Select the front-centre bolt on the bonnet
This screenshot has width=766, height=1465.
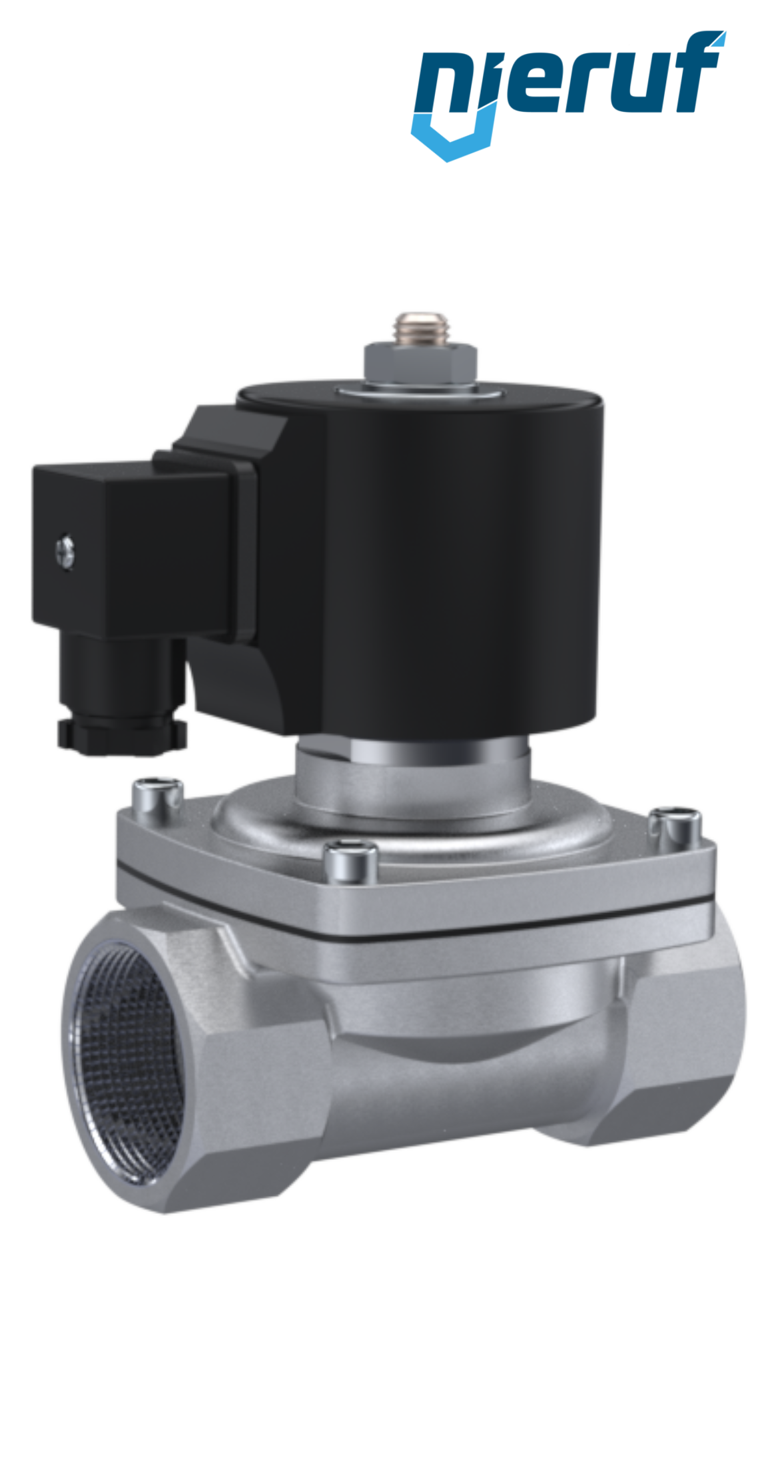(x=350, y=861)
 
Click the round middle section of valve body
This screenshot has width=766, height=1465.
(x=466, y=1079)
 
